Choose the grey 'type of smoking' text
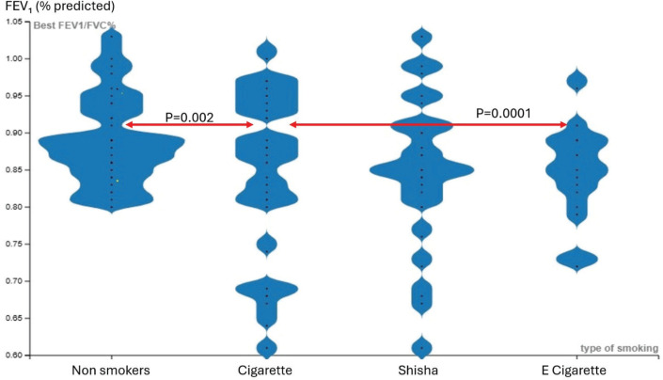pos(616,347)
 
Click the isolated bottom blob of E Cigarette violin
pos(565,259)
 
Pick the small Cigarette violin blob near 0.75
pos(268,245)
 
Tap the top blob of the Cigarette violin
pos(268,50)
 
